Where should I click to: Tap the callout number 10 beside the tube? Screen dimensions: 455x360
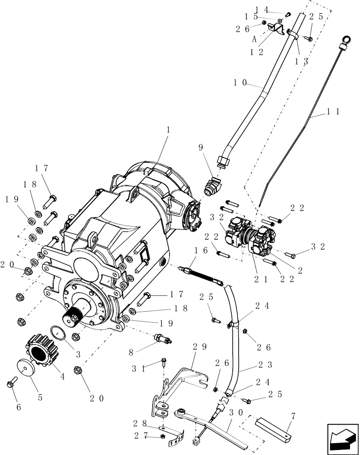point(240,83)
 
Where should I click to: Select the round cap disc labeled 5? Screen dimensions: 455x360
point(27,367)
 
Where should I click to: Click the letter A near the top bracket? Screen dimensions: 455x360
point(255,39)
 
